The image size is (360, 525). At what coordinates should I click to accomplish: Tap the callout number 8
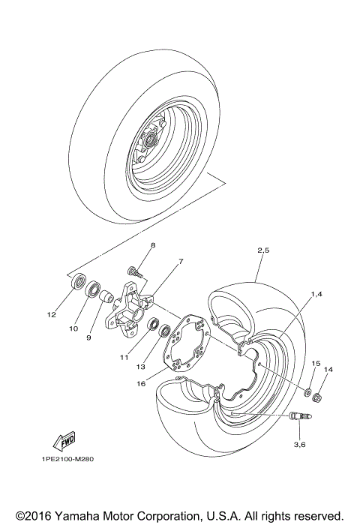click(x=152, y=246)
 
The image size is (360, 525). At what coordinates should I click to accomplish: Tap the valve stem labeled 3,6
click(x=299, y=414)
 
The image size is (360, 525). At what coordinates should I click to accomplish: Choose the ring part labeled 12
click(x=76, y=283)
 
